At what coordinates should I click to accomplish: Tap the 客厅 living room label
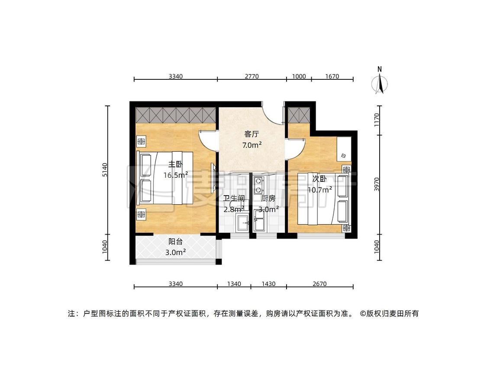coord(252,134)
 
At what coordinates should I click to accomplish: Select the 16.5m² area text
coord(176,175)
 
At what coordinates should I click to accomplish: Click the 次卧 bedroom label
coord(319,179)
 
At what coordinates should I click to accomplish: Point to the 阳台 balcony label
coord(175,241)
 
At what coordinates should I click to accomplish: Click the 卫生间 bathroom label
coord(234,198)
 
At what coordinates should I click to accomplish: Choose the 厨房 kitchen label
coord(268,198)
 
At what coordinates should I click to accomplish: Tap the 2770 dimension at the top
coord(252,76)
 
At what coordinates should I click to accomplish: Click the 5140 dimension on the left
coord(105,170)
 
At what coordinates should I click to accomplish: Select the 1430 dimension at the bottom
coord(268,284)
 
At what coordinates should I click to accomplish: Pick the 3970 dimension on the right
coord(377,184)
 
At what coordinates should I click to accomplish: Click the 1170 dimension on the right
coord(377,120)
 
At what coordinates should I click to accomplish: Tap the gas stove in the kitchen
coord(258,185)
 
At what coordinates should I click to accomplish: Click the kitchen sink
coord(259,220)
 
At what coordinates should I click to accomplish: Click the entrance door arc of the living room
coord(273,114)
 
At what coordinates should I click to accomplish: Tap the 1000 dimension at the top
coord(299,76)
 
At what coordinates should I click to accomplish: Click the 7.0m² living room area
coord(252,145)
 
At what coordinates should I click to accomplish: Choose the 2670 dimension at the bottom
coord(319,284)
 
